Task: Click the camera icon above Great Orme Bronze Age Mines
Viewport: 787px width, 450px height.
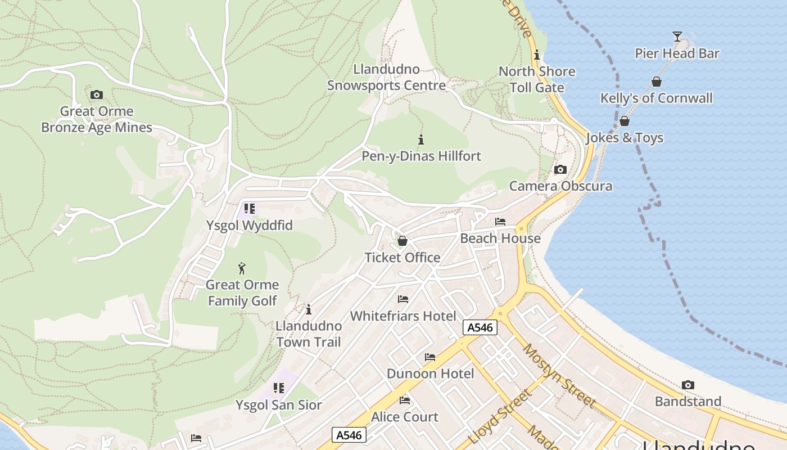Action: (x=97, y=94)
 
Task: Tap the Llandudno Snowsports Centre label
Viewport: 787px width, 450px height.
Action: (x=386, y=78)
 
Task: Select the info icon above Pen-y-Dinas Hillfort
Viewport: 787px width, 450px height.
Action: (x=421, y=139)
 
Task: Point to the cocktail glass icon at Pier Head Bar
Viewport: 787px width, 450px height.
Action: (x=677, y=37)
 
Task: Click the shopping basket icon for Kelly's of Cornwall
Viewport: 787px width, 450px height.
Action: (x=656, y=82)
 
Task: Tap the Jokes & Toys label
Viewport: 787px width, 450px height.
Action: (x=625, y=138)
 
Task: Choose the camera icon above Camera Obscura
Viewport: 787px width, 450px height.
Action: (x=560, y=169)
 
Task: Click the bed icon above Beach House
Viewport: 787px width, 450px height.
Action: (x=500, y=222)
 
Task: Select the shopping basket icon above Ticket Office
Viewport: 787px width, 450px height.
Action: (x=402, y=241)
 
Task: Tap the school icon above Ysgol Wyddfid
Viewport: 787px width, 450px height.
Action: (x=250, y=209)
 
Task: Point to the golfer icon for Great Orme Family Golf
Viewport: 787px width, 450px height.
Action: (x=242, y=268)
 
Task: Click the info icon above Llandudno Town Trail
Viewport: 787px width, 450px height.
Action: (x=309, y=309)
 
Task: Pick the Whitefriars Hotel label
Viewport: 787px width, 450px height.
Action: (x=403, y=316)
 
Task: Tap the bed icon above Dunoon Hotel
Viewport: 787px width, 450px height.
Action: (x=430, y=357)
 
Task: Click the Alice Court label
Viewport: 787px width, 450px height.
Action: (x=405, y=417)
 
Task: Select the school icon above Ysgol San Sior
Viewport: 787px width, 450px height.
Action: (x=279, y=388)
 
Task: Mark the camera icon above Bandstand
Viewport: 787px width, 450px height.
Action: (x=688, y=385)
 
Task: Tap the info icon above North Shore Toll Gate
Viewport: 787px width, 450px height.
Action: (x=537, y=55)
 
